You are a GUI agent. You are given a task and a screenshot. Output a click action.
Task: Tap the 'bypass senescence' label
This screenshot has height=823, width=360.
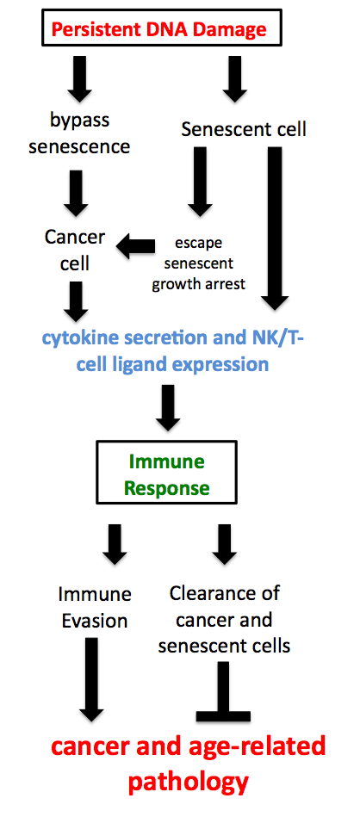click(x=79, y=133)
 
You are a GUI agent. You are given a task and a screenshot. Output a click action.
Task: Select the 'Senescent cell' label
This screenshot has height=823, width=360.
click(x=244, y=130)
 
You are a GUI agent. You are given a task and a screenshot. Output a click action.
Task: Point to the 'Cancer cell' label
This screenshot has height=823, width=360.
click(x=75, y=249)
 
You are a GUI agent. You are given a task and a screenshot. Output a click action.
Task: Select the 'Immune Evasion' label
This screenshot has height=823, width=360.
click(x=95, y=607)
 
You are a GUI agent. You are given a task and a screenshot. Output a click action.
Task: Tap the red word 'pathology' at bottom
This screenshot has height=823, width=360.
click(x=189, y=782)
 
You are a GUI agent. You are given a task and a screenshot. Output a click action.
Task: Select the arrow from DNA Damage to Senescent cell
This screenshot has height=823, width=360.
click(x=231, y=79)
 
